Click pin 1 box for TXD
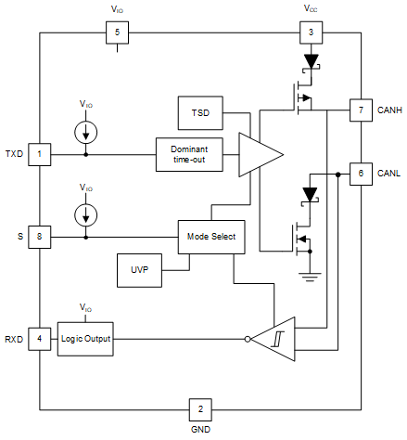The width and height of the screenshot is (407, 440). coord(39,154)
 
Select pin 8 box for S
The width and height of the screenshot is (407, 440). coord(39,237)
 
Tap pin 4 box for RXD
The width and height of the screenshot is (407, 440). coord(39,338)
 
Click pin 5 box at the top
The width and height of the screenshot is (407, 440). coord(117,33)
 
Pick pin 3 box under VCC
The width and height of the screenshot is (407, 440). coord(310,33)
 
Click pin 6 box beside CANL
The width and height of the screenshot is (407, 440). coord(360,174)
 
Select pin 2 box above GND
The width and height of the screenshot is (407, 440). coord(200,408)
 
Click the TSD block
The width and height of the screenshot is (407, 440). coord(200,111)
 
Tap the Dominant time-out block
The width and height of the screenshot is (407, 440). coord(189,154)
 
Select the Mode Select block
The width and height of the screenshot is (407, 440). coord(211,237)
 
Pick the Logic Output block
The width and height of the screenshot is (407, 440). coord(85,339)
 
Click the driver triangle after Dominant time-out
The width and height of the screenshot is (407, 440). coord(259,154)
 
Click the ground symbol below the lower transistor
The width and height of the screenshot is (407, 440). coord(310,276)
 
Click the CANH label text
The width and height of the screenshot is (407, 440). coord(390,110)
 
